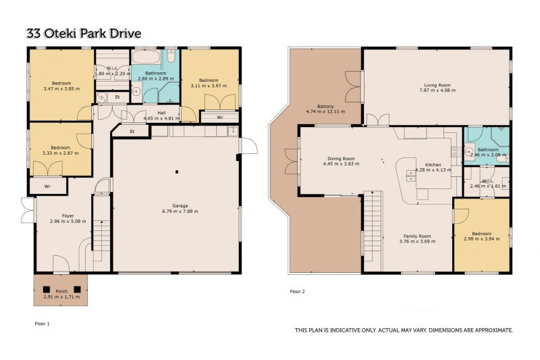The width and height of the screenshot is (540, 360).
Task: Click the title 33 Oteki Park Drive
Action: (84, 34)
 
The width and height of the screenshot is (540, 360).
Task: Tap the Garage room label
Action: (180, 206)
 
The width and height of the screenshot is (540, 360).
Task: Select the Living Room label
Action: (437, 85)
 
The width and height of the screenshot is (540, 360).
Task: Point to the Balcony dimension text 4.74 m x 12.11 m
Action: (325, 111)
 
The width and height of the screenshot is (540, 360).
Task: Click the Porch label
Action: (61, 292)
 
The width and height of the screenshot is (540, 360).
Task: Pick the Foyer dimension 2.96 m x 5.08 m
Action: (68, 221)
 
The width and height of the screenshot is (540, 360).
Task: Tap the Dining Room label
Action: (341, 159)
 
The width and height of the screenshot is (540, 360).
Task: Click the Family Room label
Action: (417, 236)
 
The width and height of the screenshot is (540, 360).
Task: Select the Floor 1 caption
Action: (43, 324)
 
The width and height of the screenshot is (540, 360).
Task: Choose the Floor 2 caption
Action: (297, 292)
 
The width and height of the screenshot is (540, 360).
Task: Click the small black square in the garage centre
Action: (177, 172)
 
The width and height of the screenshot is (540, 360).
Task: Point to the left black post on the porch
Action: (47, 289)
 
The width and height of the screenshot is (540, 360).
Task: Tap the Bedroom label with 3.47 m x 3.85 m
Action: (61, 83)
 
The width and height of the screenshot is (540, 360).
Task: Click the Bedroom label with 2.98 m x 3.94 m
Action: (482, 234)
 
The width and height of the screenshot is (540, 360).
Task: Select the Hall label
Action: (161, 113)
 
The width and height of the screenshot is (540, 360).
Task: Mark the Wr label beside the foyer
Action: (47, 186)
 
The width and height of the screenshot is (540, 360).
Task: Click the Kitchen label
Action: (433, 165)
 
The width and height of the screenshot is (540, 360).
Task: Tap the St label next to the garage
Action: (132, 132)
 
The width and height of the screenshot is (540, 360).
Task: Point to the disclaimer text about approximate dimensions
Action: (404, 330)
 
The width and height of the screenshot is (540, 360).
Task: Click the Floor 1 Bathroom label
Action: (156, 74)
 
